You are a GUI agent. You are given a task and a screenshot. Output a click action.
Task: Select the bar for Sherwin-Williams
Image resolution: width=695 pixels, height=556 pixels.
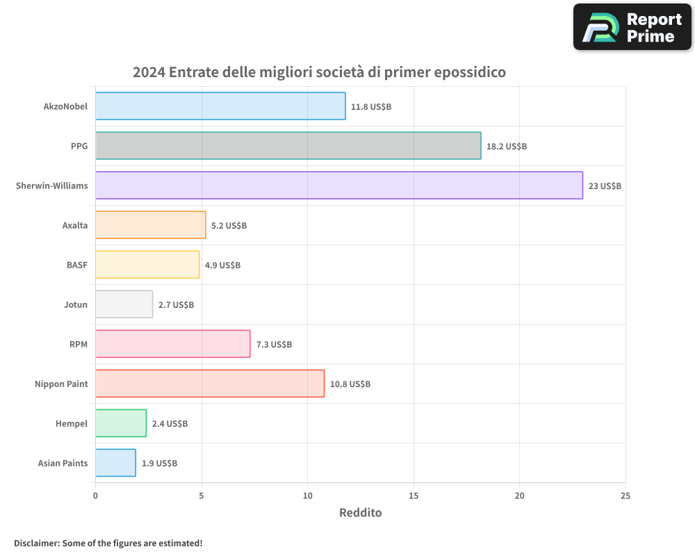[x=338, y=186]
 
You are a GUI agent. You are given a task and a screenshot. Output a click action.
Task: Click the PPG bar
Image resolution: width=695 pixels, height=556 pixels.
[x=288, y=146]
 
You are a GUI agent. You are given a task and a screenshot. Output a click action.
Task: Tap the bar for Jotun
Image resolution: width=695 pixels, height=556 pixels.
[x=124, y=304]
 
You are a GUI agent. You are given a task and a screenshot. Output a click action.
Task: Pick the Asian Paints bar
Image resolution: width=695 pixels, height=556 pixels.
[x=115, y=463]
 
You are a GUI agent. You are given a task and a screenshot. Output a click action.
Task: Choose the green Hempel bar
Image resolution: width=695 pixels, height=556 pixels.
[x=121, y=423]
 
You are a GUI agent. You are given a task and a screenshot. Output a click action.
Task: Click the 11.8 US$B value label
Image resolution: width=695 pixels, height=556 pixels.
[x=371, y=107]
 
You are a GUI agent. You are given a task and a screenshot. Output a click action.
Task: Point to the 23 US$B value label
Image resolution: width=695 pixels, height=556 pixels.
[x=605, y=186]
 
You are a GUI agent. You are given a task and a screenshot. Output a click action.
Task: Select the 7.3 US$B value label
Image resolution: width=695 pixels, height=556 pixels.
[x=274, y=345]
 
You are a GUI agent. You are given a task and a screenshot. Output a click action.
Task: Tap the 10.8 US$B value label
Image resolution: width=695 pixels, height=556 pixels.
[x=350, y=384]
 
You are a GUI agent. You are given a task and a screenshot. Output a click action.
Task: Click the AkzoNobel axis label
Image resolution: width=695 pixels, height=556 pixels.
[x=65, y=106]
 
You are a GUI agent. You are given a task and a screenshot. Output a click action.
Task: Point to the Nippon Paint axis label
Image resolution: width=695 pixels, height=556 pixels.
[x=61, y=384]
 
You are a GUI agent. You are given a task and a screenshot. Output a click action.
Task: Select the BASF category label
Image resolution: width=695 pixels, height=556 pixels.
[x=76, y=265]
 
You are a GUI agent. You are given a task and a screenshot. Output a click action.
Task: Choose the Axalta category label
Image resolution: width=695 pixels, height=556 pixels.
[x=75, y=225]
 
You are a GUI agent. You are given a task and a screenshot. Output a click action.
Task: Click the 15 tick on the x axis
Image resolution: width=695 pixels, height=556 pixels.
[x=414, y=496]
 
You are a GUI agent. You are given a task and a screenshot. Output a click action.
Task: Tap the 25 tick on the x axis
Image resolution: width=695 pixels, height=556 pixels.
[x=625, y=496]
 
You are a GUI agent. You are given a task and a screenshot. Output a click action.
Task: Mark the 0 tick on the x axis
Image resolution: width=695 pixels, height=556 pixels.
[x=95, y=496]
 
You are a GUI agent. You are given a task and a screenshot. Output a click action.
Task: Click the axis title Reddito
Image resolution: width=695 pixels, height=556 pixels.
[x=360, y=513]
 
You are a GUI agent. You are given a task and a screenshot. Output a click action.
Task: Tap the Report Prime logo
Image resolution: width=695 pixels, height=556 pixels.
[x=632, y=27]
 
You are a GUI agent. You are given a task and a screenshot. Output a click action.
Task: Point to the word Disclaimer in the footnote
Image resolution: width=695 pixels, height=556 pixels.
[x=36, y=543]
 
